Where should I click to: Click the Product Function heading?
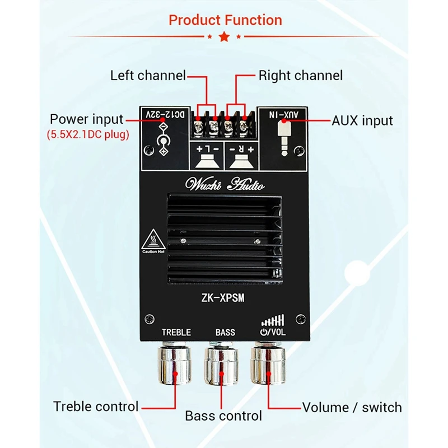[x=225, y=21]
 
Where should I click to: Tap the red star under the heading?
[x=225, y=37]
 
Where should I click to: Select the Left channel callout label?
[x=148, y=75]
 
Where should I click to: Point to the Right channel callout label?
[x=300, y=75]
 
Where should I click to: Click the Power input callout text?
[x=86, y=119]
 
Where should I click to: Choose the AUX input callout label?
[x=362, y=120]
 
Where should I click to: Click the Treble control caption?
[x=96, y=407]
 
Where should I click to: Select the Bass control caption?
[x=223, y=416]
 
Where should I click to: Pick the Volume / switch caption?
[x=352, y=407]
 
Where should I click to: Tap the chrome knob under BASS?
[x=223, y=364]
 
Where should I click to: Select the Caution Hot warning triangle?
[x=153, y=240]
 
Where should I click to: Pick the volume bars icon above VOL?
[x=273, y=320]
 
